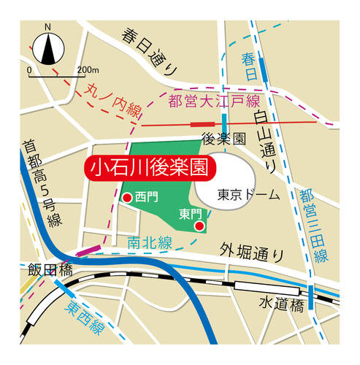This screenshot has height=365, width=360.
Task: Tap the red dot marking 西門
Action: (127, 198)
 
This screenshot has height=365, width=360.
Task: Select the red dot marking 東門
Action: (199, 226)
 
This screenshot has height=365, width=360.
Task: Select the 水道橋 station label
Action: (280, 303)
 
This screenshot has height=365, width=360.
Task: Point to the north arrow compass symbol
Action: (48, 47)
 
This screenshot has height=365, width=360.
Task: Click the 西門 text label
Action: (146, 197)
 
